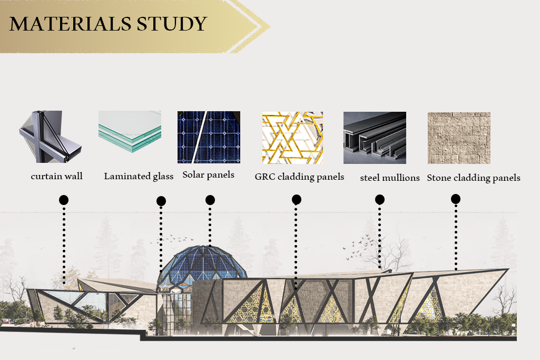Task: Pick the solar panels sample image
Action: point(209,137)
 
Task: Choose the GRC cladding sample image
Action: point(292,138)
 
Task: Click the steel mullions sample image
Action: point(375,138)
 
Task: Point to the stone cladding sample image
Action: point(459,138)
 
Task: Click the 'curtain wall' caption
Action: point(57,176)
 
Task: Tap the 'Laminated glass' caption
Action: point(139,177)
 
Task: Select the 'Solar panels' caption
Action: point(208,174)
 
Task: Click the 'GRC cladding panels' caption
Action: point(299,177)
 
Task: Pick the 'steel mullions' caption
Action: point(390,178)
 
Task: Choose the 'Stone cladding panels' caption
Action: point(474,178)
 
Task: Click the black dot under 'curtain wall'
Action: point(64,200)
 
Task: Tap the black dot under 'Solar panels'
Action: point(210,200)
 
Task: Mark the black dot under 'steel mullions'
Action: point(379,199)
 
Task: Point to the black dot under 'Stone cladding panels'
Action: point(456,199)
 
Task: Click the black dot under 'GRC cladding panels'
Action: point(297,199)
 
